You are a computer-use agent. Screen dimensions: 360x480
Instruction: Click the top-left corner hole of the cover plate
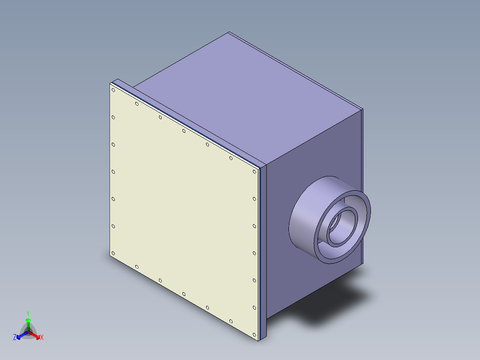tap(114, 90)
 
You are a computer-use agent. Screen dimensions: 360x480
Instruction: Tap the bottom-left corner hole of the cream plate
tap(113, 254)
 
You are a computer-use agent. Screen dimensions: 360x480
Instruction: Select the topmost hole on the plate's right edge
tap(254, 172)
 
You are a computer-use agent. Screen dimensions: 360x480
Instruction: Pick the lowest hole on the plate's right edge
tap(254, 307)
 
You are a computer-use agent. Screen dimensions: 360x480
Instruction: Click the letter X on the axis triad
tap(42, 338)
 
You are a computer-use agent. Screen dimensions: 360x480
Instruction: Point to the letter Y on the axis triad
tap(28, 313)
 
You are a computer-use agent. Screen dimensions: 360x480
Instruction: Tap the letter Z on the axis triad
tap(15, 338)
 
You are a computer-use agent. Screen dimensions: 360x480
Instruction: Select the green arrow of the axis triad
tap(28, 322)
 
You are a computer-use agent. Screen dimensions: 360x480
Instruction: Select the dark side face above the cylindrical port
tap(312, 151)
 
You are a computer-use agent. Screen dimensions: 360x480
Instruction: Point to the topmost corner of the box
tap(229, 32)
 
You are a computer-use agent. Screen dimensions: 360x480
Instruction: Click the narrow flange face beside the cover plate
tap(263, 250)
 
